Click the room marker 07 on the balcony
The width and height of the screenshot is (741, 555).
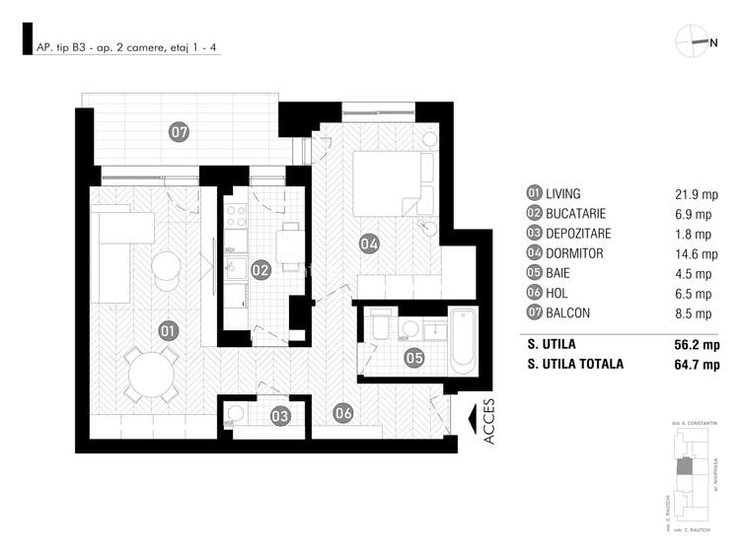[179, 131]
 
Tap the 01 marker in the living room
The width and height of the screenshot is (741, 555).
[168, 331]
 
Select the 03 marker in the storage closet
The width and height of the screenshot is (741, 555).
[280, 416]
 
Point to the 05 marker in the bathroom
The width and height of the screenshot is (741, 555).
[414, 358]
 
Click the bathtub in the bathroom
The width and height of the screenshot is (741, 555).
[463, 340]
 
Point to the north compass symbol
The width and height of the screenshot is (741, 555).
[696, 42]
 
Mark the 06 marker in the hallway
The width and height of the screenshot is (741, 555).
[342, 414]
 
